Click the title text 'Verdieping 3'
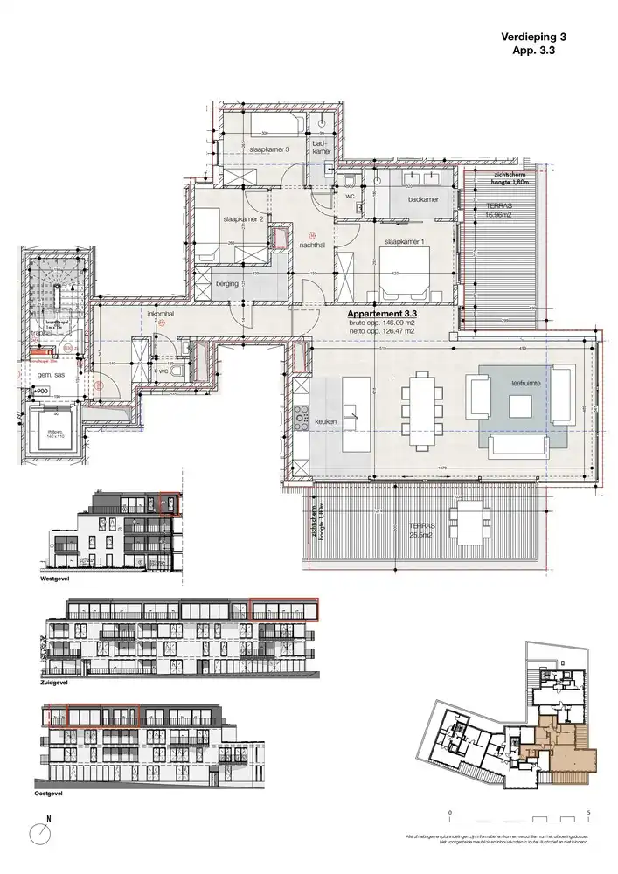(x=534, y=38)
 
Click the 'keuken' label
(x=326, y=423)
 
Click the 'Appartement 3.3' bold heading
(x=383, y=312)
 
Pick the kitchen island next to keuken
(x=352, y=406)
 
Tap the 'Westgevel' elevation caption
(x=56, y=579)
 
